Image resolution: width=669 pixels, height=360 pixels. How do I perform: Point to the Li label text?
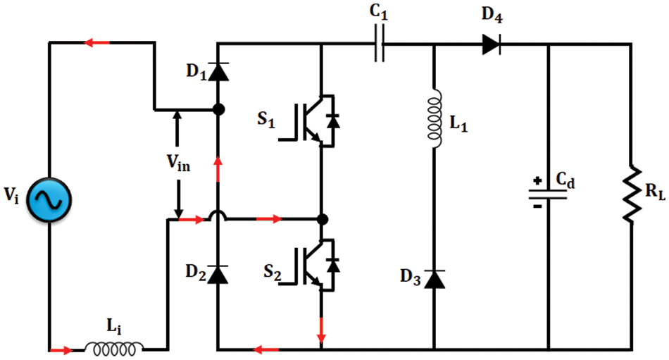coord(113,326)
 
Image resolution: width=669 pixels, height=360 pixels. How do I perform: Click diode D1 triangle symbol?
coord(219,70)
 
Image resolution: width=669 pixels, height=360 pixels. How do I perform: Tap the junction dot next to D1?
coord(219,109)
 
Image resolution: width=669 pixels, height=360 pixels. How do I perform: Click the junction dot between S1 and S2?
coord(323,219)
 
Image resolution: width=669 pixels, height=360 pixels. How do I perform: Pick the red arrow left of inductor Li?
coord(61,349)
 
